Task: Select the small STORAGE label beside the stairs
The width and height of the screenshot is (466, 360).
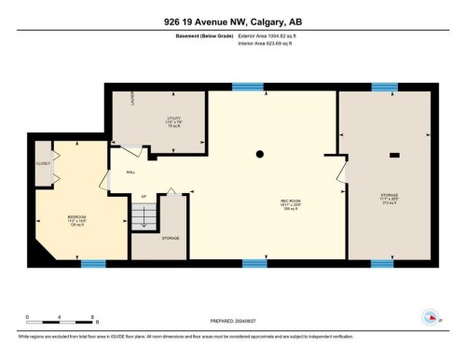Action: coord(170,238)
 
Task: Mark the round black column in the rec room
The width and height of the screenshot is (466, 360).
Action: coord(261,153)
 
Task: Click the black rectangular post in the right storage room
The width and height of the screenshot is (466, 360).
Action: coord(394,154)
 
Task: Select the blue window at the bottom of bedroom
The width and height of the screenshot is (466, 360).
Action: coord(93,264)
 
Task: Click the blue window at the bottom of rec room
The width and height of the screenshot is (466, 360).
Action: coord(254,264)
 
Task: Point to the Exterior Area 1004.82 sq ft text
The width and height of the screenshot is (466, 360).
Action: coord(272,35)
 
